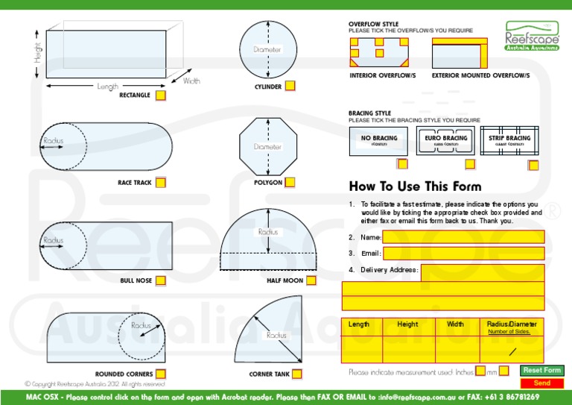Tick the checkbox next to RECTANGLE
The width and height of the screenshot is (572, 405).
[x=161, y=95]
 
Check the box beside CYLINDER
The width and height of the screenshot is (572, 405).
[x=290, y=87]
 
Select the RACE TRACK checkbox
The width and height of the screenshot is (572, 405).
[x=161, y=182]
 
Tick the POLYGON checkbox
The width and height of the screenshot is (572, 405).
[x=290, y=182]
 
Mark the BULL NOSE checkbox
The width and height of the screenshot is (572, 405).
[x=161, y=281]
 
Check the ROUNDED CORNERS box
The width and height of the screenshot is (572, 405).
[x=161, y=374]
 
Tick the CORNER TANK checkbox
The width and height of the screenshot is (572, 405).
[x=297, y=374]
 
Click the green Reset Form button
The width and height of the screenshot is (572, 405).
[x=541, y=371]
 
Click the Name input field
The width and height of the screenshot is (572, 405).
[x=463, y=237]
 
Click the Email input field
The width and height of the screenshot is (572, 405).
[x=463, y=254]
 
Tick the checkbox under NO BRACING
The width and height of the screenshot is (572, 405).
[x=402, y=164]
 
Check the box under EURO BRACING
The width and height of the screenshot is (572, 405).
[x=469, y=164]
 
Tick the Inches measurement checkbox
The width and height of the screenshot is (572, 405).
[x=480, y=371]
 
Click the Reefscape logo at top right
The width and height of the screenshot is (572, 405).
[x=531, y=35]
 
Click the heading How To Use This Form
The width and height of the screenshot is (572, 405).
[x=415, y=186]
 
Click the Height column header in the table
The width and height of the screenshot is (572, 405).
[x=407, y=324]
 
